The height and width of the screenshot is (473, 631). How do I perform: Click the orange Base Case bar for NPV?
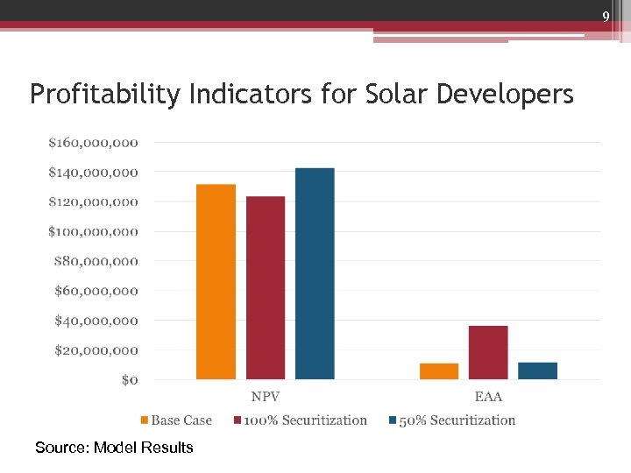point(216,282)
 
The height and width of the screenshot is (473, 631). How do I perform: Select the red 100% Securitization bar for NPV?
point(266,287)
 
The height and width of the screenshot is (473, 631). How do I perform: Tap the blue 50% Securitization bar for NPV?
point(315,273)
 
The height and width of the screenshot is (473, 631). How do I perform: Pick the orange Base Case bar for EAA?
point(439,371)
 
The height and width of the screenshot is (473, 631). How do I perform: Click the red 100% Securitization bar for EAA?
point(488,352)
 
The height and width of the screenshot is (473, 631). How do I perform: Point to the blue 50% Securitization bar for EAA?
point(537,371)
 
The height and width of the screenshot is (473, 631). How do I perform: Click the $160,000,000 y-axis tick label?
point(93,142)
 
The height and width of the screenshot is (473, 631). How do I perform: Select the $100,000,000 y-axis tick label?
point(93,231)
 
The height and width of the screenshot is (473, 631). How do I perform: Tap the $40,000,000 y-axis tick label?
point(96,321)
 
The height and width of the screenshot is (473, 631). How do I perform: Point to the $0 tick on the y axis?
point(129,380)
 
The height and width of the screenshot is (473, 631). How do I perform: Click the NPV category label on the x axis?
point(266,397)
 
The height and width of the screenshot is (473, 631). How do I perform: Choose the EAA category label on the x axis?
point(488,397)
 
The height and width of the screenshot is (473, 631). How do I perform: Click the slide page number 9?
point(605,18)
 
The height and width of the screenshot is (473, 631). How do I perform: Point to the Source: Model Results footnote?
point(114,448)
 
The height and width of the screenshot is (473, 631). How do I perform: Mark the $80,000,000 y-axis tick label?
point(96,261)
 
